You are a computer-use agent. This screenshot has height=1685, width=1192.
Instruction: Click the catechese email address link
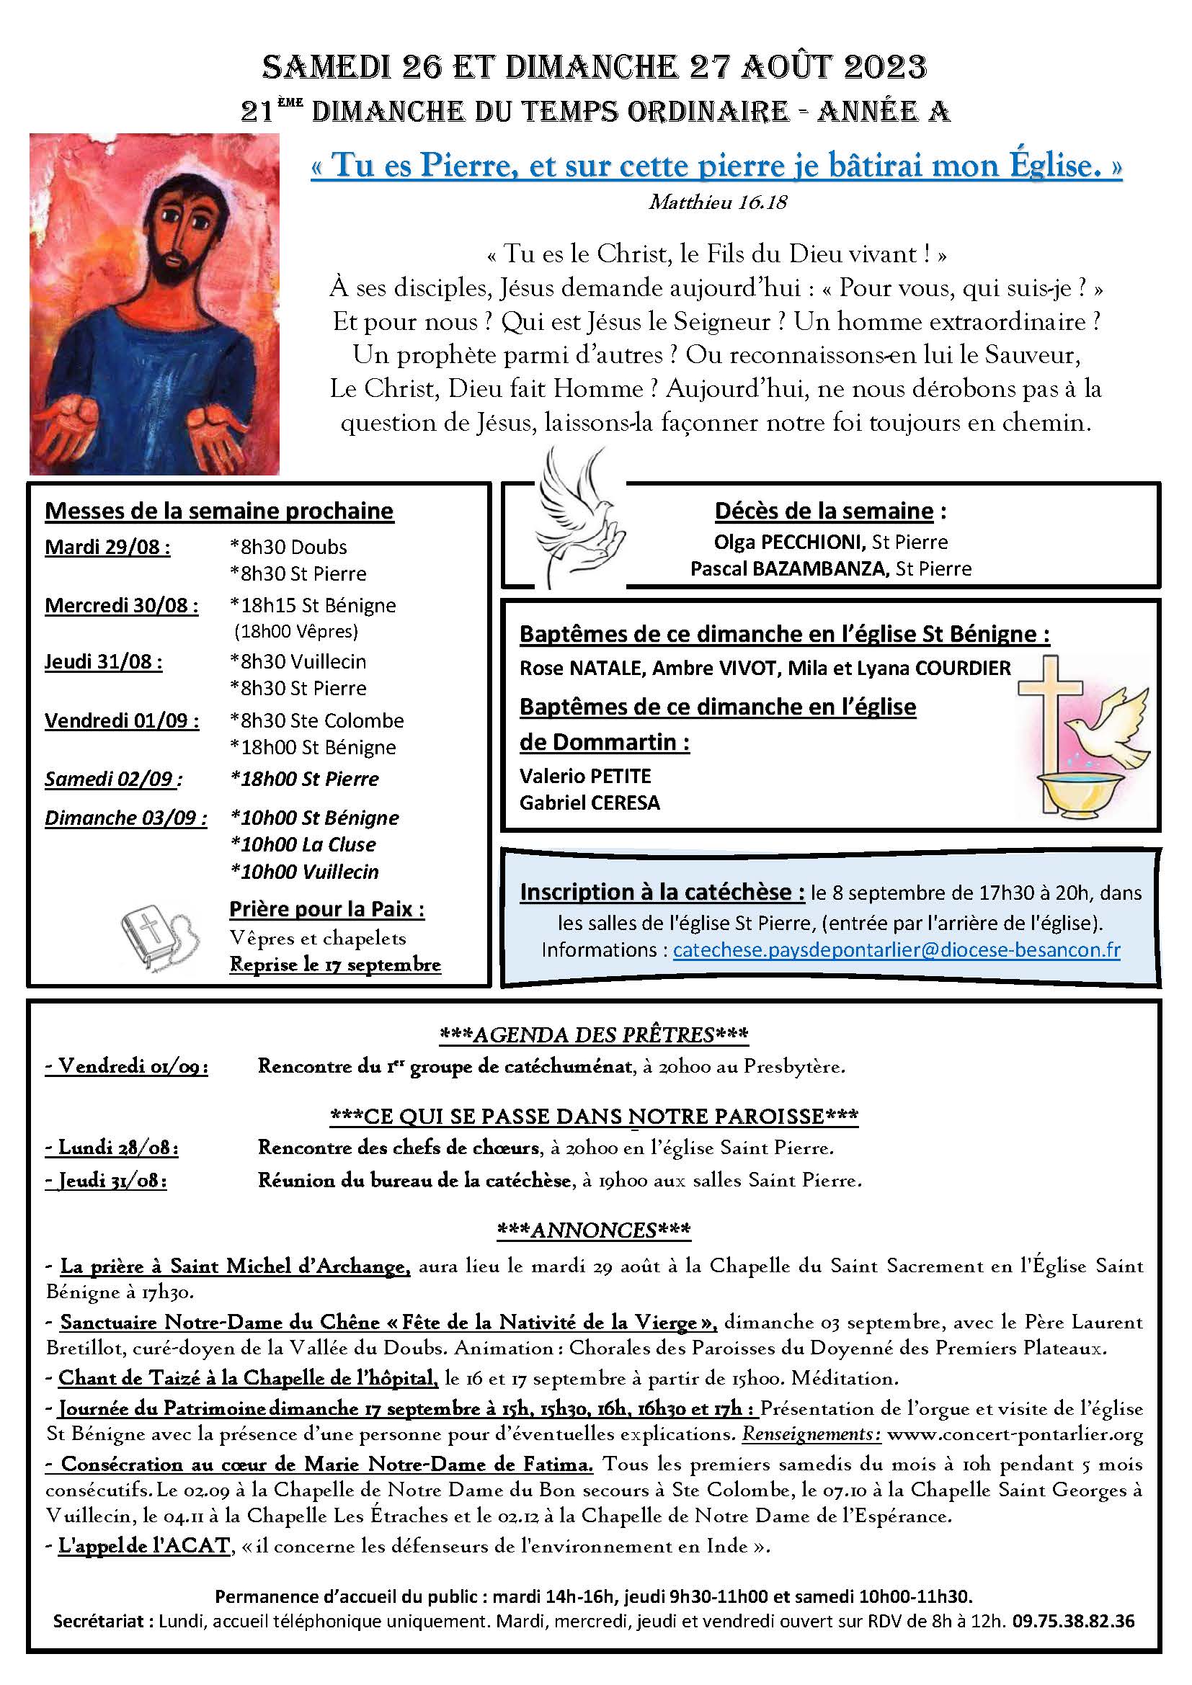[x=897, y=949]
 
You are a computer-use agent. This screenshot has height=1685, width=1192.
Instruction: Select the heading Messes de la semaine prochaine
[x=220, y=511]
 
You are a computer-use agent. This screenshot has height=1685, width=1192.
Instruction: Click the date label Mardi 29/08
[x=107, y=547]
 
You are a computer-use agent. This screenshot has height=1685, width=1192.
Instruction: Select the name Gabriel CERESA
[x=590, y=803]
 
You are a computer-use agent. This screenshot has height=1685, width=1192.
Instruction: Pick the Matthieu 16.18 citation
[x=717, y=202]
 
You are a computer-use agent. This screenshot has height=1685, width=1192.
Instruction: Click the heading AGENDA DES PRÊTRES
[x=594, y=1034]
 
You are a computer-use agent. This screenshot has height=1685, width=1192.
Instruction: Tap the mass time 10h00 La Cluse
[x=303, y=845]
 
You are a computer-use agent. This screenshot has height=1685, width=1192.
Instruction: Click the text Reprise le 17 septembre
[x=335, y=965]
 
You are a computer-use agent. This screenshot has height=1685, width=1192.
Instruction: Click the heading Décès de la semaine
[x=824, y=511]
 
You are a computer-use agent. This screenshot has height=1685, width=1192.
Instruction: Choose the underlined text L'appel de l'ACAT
[x=145, y=1545]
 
